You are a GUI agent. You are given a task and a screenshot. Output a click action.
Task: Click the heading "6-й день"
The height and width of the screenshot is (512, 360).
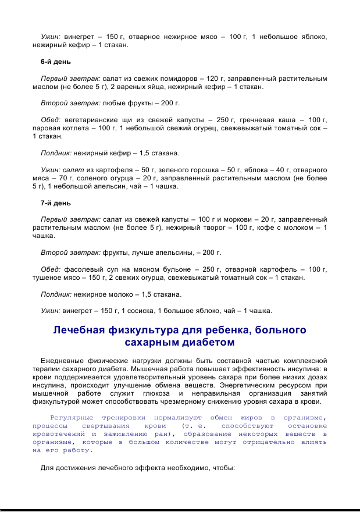pos(55,62)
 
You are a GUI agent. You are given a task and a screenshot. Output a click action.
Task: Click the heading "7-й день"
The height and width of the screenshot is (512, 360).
pos(55,203)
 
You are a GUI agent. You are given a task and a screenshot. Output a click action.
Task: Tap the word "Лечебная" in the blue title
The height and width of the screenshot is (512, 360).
pos(79,330)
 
